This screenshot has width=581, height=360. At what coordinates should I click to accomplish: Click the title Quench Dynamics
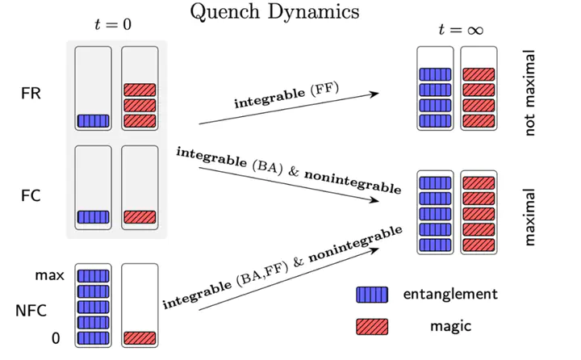pyautogui.click(x=274, y=12)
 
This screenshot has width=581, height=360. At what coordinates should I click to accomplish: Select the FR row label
pyautogui.click(x=31, y=93)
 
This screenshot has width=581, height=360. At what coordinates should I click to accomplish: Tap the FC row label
pyautogui.click(x=31, y=195)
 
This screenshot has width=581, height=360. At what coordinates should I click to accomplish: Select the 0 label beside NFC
pyautogui.click(x=56, y=339)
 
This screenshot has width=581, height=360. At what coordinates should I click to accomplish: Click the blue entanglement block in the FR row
pyautogui.click(x=93, y=121)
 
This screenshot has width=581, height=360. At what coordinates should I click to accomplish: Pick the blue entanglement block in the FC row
pyautogui.click(x=93, y=216)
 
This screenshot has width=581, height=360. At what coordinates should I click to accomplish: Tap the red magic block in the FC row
pyautogui.click(x=140, y=216)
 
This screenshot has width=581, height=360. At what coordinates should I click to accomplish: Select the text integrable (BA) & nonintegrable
pyautogui.click(x=289, y=170)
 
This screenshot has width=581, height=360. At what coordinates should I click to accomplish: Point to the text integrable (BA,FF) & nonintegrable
pyautogui.click(x=282, y=268)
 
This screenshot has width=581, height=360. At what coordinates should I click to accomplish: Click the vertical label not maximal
pyautogui.click(x=530, y=92)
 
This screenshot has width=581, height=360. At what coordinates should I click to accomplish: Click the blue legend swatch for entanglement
pyautogui.click(x=371, y=295)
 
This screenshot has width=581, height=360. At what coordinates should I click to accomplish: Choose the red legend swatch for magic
pyautogui.click(x=371, y=326)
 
